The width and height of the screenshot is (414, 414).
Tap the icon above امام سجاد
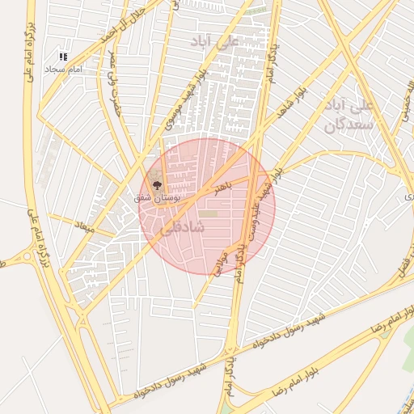(63, 56)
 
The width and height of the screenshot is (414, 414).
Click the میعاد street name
(85, 230)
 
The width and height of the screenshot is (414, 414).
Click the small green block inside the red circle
(209, 213)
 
